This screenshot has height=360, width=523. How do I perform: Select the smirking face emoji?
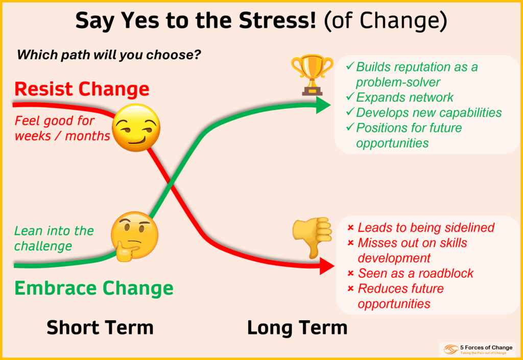pyautogui.click(x=135, y=127)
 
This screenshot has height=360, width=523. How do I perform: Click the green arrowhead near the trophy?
pyautogui.click(x=323, y=105)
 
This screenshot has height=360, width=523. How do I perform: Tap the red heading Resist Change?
pyautogui.click(x=82, y=89)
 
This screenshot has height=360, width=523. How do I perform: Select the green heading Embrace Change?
pyautogui.click(x=93, y=288)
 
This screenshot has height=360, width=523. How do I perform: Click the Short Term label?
pyautogui.click(x=100, y=327)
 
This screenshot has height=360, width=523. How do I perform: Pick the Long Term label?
pyautogui.click(x=297, y=327)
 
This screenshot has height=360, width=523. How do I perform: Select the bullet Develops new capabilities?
pyautogui.click(x=429, y=112)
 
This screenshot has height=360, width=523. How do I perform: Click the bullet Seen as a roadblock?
pyautogui.click(x=415, y=273)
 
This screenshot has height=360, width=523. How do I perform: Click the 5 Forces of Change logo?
pyautogui.click(x=477, y=349)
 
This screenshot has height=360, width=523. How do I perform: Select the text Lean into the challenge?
pyautogui.click(x=54, y=238)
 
